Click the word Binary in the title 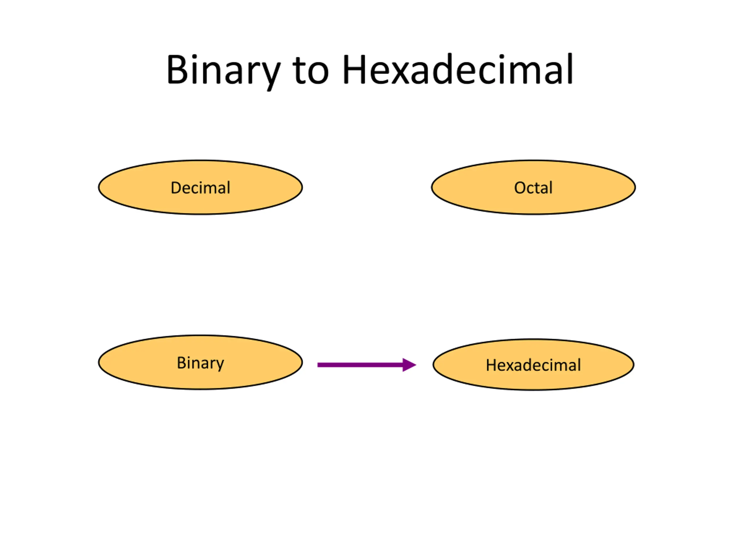point(223,70)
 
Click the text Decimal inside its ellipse point(200,188)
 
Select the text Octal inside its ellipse point(533,188)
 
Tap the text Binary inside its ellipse point(200,363)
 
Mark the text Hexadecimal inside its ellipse point(533,365)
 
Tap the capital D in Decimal point(176,188)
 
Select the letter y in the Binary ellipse point(220,365)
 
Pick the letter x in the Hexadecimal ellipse point(511,366)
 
